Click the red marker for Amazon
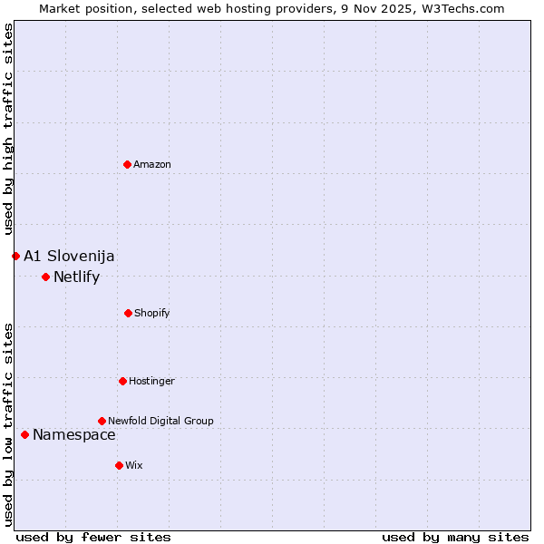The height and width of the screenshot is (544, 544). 128,164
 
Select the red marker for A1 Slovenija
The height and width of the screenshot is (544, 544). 15,256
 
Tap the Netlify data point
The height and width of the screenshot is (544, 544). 45,277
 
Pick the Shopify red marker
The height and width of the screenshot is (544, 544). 128,313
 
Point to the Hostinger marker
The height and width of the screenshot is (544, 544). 122,381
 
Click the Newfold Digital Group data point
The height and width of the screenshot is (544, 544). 102,421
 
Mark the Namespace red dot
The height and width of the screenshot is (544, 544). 24,434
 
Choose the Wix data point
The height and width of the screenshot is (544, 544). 119,465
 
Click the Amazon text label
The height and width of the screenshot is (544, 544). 152,164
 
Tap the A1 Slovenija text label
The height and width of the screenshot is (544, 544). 69,256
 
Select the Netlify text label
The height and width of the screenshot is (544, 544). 76,277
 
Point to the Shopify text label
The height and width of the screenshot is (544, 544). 152,313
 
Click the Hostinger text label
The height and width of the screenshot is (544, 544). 151,381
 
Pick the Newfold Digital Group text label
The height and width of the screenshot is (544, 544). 160,421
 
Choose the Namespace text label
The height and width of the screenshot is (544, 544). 74,434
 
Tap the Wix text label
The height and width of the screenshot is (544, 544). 134,465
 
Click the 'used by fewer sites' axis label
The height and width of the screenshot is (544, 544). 93,537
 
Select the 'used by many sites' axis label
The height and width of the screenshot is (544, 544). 455,537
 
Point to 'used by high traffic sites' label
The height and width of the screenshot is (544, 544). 8,129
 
